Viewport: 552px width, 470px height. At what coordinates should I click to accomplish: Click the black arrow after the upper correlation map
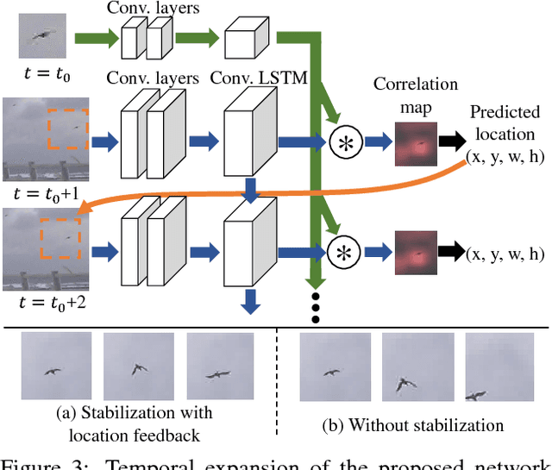click(451, 143)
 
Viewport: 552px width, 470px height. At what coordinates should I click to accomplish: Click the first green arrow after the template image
click(95, 38)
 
